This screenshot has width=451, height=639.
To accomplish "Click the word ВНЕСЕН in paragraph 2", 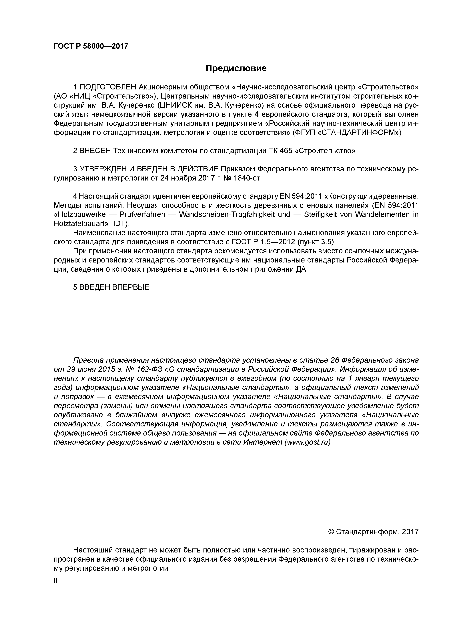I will [95, 151].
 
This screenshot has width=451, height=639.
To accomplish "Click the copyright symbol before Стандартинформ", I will [331, 532].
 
